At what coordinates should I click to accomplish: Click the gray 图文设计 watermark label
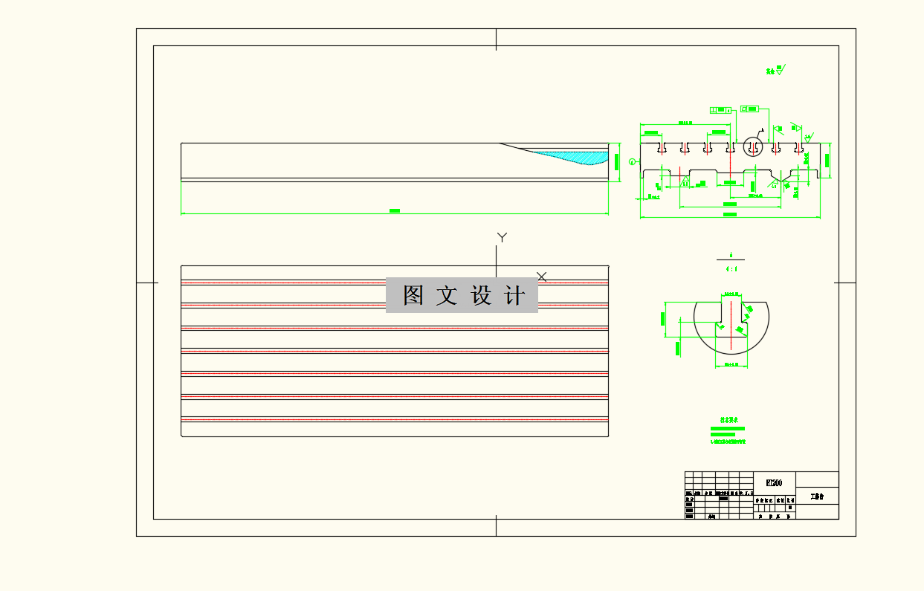click(x=461, y=295)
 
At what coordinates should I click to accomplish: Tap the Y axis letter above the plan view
click(x=502, y=238)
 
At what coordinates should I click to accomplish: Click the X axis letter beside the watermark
click(x=542, y=277)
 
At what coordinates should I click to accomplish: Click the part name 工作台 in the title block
click(x=818, y=496)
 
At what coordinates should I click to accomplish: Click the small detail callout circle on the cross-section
click(x=753, y=146)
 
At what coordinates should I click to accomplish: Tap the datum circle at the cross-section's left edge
click(x=633, y=161)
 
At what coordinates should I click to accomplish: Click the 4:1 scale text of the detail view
click(x=731, y=269)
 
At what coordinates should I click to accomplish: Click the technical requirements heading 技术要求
click(x=727, y=420)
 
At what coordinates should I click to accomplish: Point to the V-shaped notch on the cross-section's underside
click(x=781, y=180)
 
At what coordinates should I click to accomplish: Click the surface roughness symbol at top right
click(x=780, y=71)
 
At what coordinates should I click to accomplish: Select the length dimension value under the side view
click(x=395, y=211)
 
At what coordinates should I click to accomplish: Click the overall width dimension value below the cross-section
click(x=730, y=215)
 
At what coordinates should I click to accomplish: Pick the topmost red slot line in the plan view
click(x=395, y=282)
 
